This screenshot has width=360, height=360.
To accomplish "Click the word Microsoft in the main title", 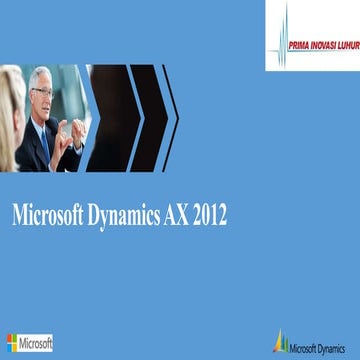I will [x=49, y=214].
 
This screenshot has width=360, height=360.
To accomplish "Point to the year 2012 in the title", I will [x=214, y=214].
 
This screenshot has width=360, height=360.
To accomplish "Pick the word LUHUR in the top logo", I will [x=345, y=41].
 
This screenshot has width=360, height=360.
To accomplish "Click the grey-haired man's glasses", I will [x=43, y=91].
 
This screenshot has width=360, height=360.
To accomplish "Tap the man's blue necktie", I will [x=45, y=140].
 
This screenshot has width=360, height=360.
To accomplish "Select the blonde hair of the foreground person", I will [x=9, y=110].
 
